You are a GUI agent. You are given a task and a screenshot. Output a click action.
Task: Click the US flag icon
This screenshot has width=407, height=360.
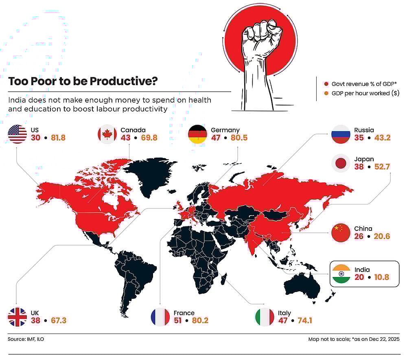click(x=17, y=134)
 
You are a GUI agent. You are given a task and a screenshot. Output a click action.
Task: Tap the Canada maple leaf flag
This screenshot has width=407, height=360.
click(x=107, y=134)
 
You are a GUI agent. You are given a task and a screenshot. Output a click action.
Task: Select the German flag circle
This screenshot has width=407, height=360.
click(x=198, y=134)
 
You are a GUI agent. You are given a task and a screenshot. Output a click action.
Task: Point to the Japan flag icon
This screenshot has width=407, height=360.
click(x=340, y=163)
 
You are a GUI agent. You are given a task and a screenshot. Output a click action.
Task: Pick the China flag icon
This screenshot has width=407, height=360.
click(x=341, y=233)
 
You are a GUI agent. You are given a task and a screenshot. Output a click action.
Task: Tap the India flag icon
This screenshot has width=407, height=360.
click(x=341, y=274)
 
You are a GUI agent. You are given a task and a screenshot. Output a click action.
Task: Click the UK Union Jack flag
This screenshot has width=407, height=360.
click(x=17, y=317)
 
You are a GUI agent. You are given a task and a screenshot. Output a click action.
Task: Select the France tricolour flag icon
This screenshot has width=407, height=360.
click(x=160, y=317)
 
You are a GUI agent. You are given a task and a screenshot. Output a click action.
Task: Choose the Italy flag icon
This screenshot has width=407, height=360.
click(x=265, y=317)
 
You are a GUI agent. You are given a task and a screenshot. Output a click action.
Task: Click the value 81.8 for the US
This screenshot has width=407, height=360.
click(x=58, y=138)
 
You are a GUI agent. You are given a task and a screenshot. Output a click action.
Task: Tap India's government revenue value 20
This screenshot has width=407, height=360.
click(x=359, y=277)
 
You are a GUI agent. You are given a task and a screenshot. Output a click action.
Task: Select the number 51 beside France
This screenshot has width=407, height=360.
click(x=178, y=320)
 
